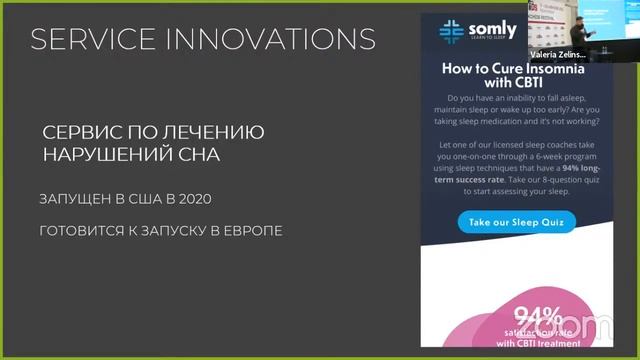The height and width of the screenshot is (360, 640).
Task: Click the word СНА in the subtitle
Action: [195, 155]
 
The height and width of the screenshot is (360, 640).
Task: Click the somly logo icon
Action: [451, 29]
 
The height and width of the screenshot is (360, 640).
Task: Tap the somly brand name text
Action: [491, 27]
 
